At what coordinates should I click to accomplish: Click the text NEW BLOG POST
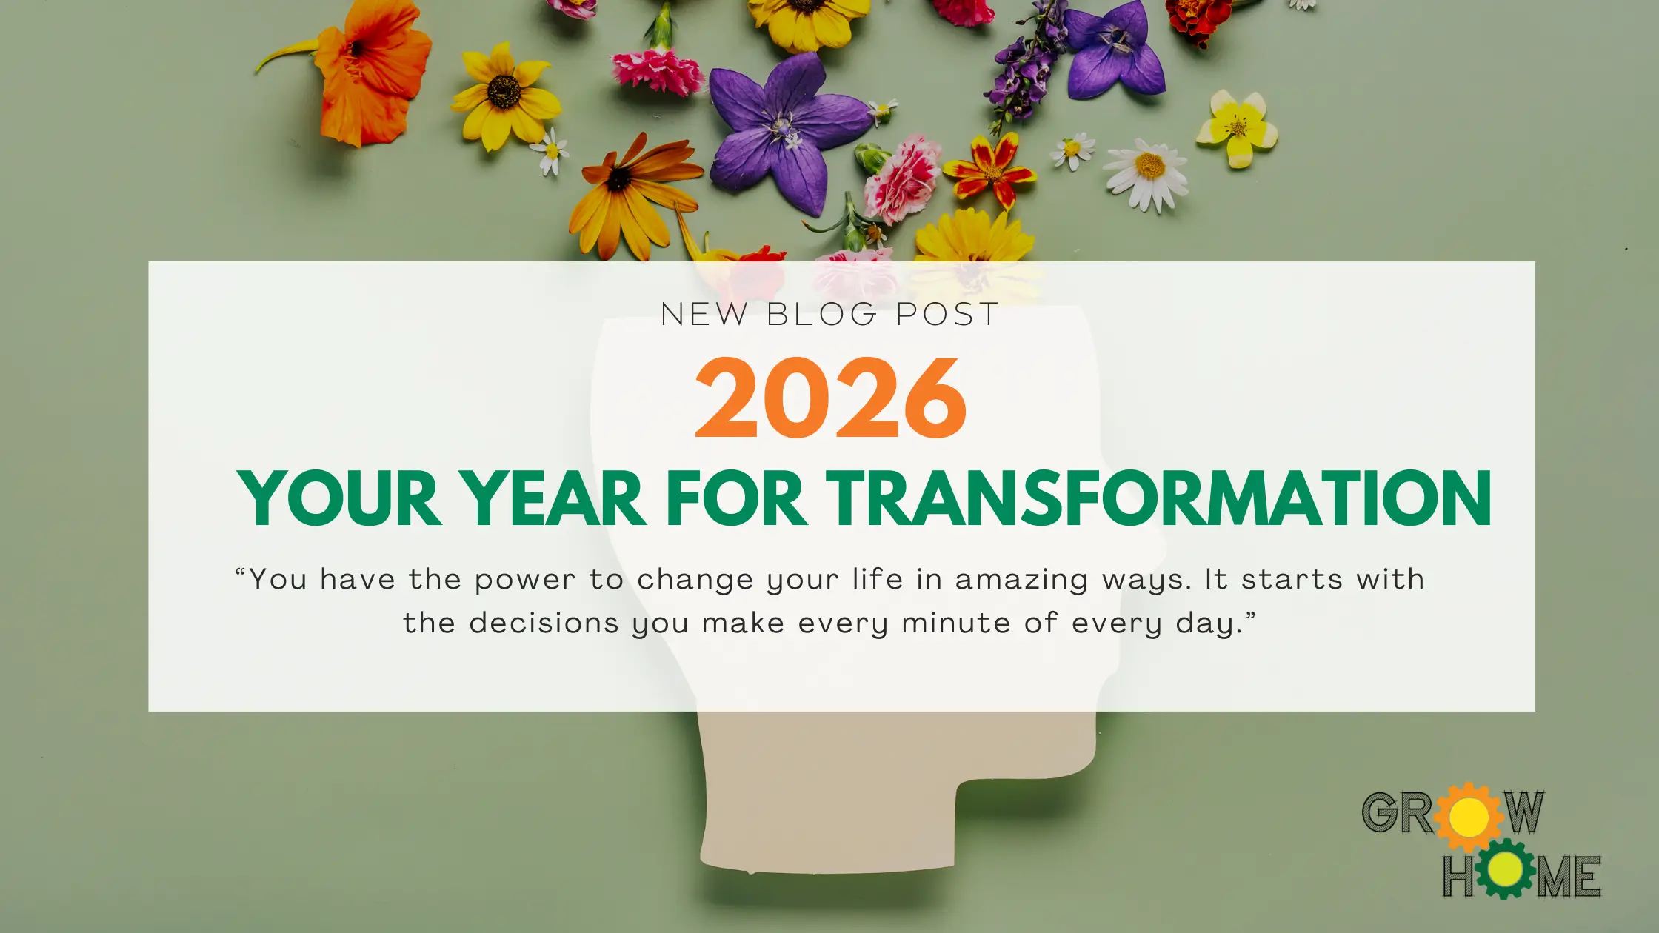829,315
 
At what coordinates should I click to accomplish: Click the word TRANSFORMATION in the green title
1158,498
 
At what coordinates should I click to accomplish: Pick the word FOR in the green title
736,498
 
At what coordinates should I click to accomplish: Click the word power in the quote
524,581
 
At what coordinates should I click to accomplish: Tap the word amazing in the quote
1021,581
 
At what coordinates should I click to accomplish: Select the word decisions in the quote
544,623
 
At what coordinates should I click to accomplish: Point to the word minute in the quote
956,623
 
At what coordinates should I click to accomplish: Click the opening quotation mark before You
241,571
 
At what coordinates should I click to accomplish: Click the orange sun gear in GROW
1469,817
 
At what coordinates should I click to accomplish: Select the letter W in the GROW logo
1523,812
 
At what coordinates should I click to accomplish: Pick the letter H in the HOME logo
1458,876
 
